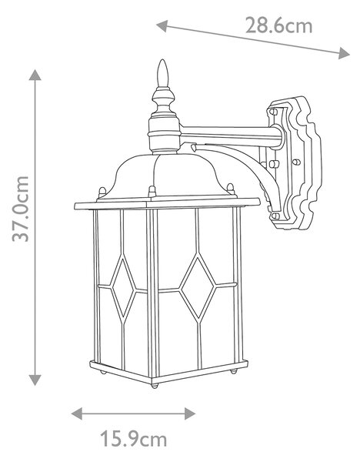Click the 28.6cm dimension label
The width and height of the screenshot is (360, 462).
pyautogui.click(x=278, y=25)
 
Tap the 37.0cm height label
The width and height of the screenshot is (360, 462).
pyautogui.click(x=21, y=209)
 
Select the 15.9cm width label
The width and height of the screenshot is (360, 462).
pyautogui.click(x=133, y=439)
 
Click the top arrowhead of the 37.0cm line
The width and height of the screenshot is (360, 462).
pyautogui.click(x=35, y=75)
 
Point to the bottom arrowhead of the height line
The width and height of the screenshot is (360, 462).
pyautogui.click(x=35, y=380)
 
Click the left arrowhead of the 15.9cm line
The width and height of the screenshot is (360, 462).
pyautogui.click(x=77, y=413)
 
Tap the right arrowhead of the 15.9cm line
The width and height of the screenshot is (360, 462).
pyautogui.click(x=190, y=413)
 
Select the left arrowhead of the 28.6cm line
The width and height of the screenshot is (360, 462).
pyautogui.click(x=162, y=26)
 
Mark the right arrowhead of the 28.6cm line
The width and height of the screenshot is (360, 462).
pyautogui.click(x=344, y=53)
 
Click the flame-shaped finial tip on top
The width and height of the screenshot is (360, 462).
pyautogui.click(x=163, y=73)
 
